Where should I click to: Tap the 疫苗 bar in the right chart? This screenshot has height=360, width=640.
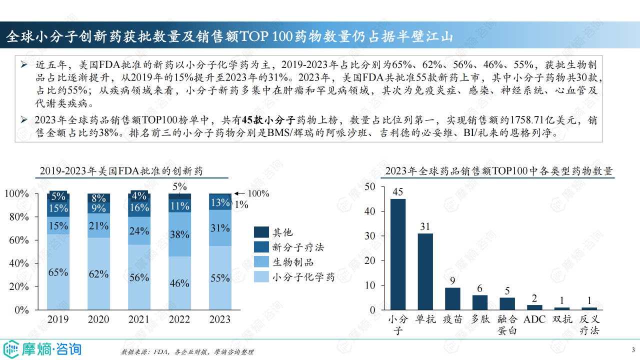[x=452, y=298]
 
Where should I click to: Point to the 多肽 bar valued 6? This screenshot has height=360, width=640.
[x=480, y=302]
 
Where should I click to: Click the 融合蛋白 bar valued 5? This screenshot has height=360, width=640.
[x=507, y=303]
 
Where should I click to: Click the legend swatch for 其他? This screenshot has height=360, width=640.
[x=261, y=232]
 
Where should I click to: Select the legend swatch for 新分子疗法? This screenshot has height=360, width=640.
[x=261, y=247]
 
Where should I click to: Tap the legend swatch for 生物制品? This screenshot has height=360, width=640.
[x=261, y=261]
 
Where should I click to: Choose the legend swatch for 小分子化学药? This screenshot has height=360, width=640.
[x=261, y=276]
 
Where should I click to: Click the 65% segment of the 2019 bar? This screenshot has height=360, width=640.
[x=58, y=271]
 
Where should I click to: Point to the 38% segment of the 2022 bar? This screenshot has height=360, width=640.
[x=179, y=234]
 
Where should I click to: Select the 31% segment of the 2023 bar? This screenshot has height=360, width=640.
[x=220, y=228]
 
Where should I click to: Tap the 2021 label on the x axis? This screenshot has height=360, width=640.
[x=139, y=319]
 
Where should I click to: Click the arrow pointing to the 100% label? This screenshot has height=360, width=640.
[x=239, y=193]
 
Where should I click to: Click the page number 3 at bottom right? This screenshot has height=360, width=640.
[x=633, y=349]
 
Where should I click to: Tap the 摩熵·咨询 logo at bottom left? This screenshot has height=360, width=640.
[x=42, y=348]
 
